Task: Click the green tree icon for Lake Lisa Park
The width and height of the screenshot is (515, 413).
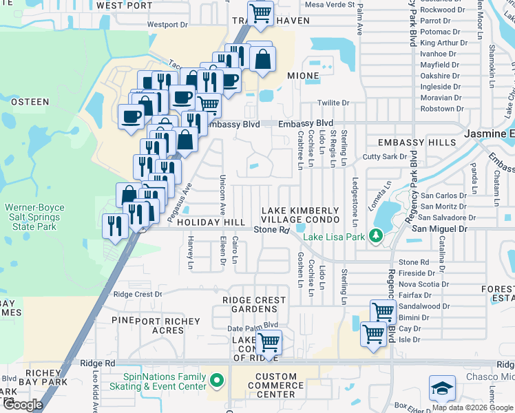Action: pos(375,236)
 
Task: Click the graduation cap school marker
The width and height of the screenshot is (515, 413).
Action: pos(442,388)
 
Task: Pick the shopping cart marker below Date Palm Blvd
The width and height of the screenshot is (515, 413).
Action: pos(269,341)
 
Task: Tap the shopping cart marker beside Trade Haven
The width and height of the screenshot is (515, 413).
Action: pos(260,13)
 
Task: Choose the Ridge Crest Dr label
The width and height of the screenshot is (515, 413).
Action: pos(138,294)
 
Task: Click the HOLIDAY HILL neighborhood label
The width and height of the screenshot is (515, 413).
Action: pos(211,223)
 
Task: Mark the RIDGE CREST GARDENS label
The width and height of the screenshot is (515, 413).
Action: pos(254,305)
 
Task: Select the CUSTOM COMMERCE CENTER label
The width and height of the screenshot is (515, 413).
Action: pos(275,385)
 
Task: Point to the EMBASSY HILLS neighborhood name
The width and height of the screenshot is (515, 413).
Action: pos(417,142)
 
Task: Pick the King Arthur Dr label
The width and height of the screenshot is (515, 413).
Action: pos(443,43)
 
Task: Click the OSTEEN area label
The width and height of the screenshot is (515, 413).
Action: pos(30,102)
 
